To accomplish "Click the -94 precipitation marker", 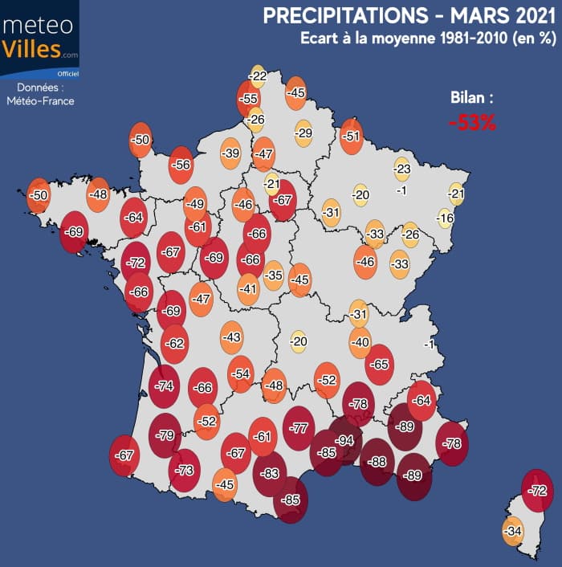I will pyautogui.click(x=346, y=441).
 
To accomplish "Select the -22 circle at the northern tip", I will pyautogui.click(x=258, y=76).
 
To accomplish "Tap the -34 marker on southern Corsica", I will pyautogui.click(x=513, y=531).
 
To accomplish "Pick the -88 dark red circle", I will pyautogui.click(x=376, y=461).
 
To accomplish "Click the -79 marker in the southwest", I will pyautogui.click(x=165, y=436).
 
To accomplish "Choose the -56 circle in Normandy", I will pyautogui.click(x=181, y=165).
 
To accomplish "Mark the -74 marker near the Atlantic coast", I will pyautogui.click(x=165, y=385).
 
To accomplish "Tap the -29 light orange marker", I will pyautogui.click(x=303, y=133).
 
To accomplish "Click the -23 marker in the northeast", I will pyautogui.click(x=402, y=169).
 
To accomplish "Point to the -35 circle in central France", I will pyautogui.click(x=274, y=275).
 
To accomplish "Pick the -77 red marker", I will pyautogui.click(x=299, y=428).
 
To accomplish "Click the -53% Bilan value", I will pyautogui.click(x=472, y=123).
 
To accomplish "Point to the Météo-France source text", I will pyautogui.click(x=39, y=100).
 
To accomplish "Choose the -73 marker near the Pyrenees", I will pyautogui.click(x=185, y=470).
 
